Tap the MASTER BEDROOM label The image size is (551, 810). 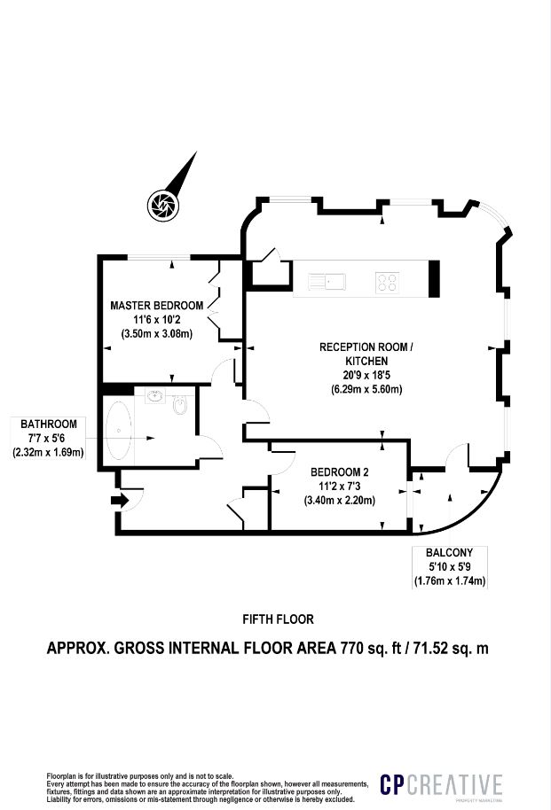click(156, 305)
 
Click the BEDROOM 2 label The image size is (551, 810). click(339, 472)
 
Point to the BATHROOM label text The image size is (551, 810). click(49, 424)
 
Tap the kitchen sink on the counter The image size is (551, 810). click(327, 283)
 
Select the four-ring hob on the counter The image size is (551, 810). click(387, 283)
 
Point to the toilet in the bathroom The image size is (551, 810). click(181, 406)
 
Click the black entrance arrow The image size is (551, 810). click(119, 502)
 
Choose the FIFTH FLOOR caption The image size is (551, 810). click(278, 619)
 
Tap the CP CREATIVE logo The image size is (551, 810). click(441, 784)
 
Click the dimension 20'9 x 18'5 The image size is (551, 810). click(366, 375)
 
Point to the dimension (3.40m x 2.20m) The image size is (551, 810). click(339, 501)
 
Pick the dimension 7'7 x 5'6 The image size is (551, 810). click(49, 438)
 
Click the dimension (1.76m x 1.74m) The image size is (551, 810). click(450, 581)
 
